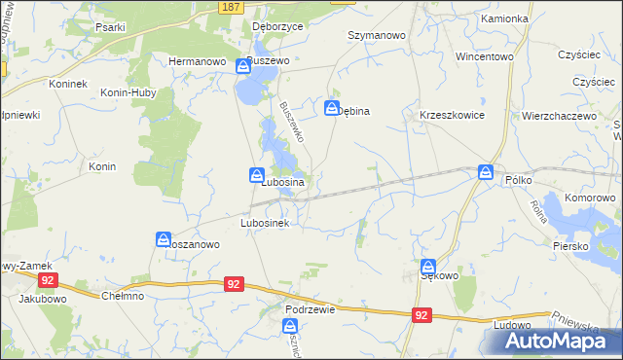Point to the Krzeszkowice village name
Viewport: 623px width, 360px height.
coord(452,114)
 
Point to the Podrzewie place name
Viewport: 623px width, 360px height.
coord(311,308)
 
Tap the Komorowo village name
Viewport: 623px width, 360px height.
coord(592,198)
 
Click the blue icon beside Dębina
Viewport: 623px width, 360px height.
coord(332,108)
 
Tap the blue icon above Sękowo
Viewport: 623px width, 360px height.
coord(428,267)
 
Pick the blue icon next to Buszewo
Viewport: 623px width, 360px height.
coord(242,66)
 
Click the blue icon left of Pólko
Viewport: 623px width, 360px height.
coord(486,172)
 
